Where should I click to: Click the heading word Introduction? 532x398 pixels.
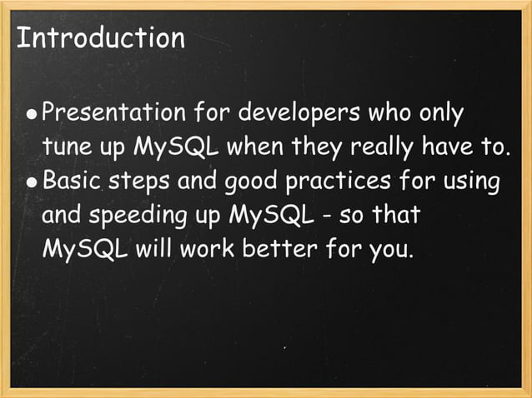[100, 38]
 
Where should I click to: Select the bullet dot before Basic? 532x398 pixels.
[31, 182]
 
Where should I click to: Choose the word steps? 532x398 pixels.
[139, 181]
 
